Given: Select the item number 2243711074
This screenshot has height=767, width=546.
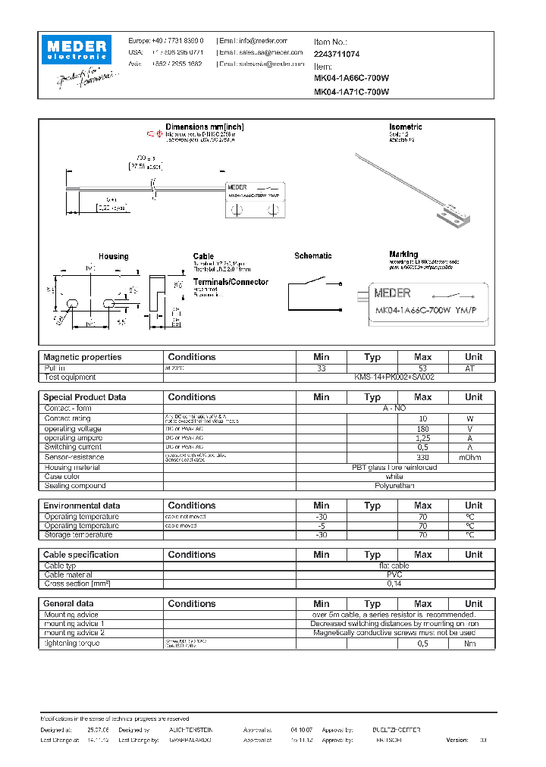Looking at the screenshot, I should (337, 55).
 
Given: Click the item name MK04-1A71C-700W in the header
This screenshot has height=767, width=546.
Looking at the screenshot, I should (351, 92).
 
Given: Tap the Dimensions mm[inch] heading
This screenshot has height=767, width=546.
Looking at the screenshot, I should (205, 127).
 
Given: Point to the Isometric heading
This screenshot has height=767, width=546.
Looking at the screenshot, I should (405, 127).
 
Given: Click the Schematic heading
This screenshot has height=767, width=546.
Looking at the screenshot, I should (312, 256).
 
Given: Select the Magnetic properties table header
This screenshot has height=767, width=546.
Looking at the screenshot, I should (82, 357).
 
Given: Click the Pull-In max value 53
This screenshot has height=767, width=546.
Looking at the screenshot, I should (422, 368).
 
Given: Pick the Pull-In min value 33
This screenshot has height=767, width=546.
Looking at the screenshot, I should (322, 368).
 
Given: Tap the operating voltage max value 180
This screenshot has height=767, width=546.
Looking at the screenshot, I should (422, 429).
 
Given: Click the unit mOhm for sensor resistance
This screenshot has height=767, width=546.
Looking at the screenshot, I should (473, 457).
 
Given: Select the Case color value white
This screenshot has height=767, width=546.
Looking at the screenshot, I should (394, 476).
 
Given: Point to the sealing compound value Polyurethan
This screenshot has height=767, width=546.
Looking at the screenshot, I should (394, 485).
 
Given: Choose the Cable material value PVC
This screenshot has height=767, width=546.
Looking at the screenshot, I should (394, 574).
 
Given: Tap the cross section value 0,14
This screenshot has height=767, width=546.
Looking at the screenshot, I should (394, 584).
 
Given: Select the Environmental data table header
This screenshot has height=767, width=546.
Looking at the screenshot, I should (81, 506).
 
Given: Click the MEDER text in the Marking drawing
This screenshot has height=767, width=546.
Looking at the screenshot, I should (393, 293).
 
